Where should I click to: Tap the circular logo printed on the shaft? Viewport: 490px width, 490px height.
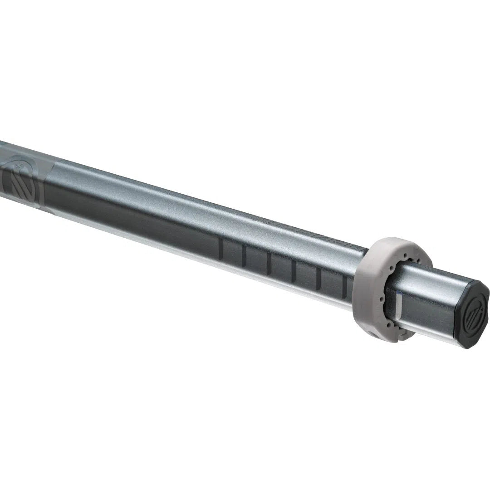pos(20,179)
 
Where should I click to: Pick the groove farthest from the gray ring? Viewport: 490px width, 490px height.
pos(220,249)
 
